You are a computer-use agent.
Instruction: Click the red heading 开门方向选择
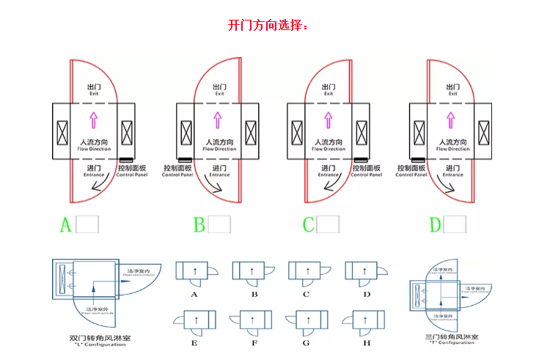[x=268, y=25]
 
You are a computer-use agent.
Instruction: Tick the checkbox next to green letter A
[x=87, y=224]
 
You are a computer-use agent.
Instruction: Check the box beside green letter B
[x=219, y=224]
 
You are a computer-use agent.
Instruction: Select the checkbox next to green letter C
[x=328, y=224]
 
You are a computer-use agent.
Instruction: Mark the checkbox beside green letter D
[x=458, y=224]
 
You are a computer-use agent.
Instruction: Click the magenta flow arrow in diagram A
[x=93, y=121]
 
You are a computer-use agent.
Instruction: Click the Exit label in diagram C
[x=329, y=90]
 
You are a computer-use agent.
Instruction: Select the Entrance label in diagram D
[x=452, y=171]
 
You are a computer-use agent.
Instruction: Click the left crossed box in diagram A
[x=62, y=133]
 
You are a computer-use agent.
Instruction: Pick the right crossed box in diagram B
[x=251, y=133]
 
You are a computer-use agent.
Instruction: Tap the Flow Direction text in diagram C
[x=329, y=145]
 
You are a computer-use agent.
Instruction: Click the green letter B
[x=199, y=224]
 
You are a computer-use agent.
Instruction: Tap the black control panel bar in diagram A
[x=126, y=159]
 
